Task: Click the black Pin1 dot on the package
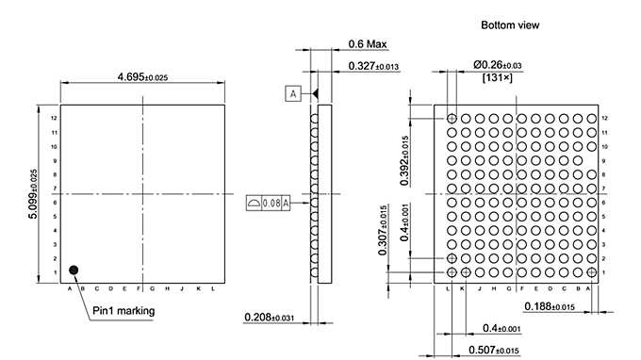click(x=72, y=270)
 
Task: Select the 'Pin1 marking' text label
click(x=123, y=310)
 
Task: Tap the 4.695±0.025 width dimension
click(x=142, y=76)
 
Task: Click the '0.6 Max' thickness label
click(x=368, y=44)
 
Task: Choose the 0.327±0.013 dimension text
click(x=373, y=66)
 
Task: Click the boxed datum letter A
click(x=294, y=93)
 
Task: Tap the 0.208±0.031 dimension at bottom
click(x=274, y=317)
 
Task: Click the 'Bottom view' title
click(x=510, y=25)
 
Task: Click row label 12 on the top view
click(x=55, y=119)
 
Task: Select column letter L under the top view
click(x=213, y=289)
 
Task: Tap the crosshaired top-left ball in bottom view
click(x=452, y=119)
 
